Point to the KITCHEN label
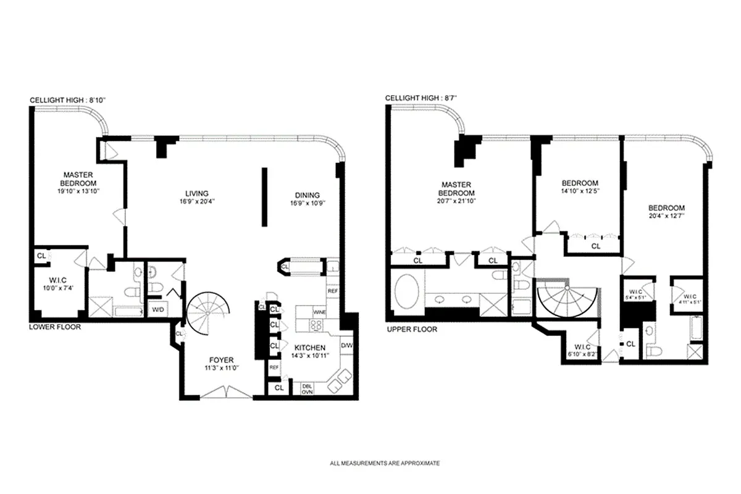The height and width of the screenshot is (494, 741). [309, 347]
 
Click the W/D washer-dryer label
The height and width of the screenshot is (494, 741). [157, 309]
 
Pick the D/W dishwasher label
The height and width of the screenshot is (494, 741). [346, 345]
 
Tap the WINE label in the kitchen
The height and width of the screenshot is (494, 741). [319, 312]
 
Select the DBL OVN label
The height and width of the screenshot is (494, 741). [307, 388]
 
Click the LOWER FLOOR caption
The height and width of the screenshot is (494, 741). [55, 327]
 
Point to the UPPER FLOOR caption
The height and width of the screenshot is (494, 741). [412, 329]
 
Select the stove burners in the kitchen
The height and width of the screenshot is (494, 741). [316, 325]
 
